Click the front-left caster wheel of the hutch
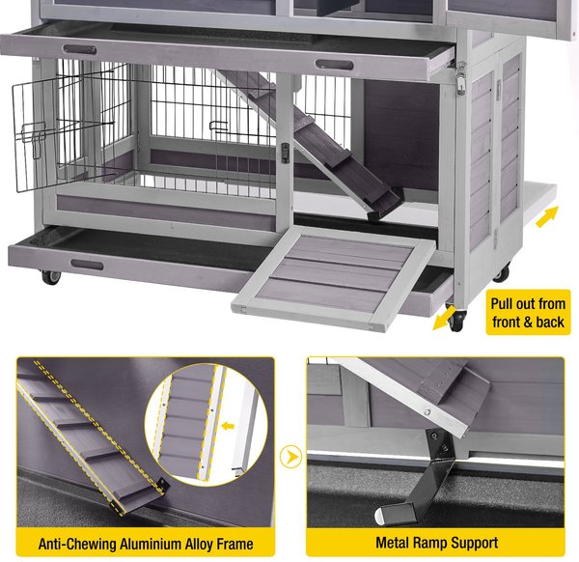[x=49, y=278]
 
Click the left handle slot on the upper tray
[x=80, y=48]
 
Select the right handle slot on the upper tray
[x=333, y=65]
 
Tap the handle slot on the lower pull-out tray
[x=87, y=264]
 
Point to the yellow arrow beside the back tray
[x=546, y=215]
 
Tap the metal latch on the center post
[x=286, y=152]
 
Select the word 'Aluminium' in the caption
[x=156, y=544]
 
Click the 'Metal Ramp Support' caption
[x=436, y=544]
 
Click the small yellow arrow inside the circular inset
[x=228, y=422]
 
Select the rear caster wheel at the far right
[x=502, y=274]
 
